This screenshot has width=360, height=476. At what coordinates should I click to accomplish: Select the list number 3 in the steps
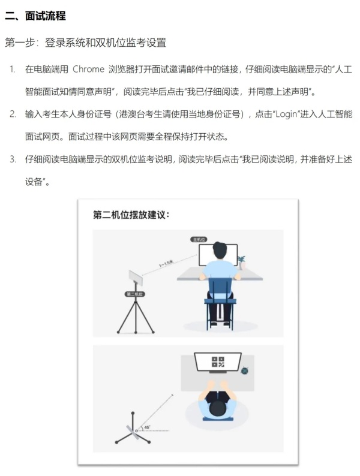point(12,159)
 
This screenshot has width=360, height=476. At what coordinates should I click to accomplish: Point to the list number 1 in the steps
point(12,70)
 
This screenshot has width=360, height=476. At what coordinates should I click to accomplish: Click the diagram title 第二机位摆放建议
point(131,215)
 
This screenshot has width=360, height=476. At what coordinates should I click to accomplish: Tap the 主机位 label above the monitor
point(199,239)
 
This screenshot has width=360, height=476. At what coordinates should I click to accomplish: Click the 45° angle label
point(147,427)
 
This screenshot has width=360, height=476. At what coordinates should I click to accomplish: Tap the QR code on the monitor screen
point(217,362)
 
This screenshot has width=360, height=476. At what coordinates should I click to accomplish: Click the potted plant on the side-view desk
point(241,261)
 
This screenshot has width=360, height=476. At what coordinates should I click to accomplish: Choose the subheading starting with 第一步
point(85,43)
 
